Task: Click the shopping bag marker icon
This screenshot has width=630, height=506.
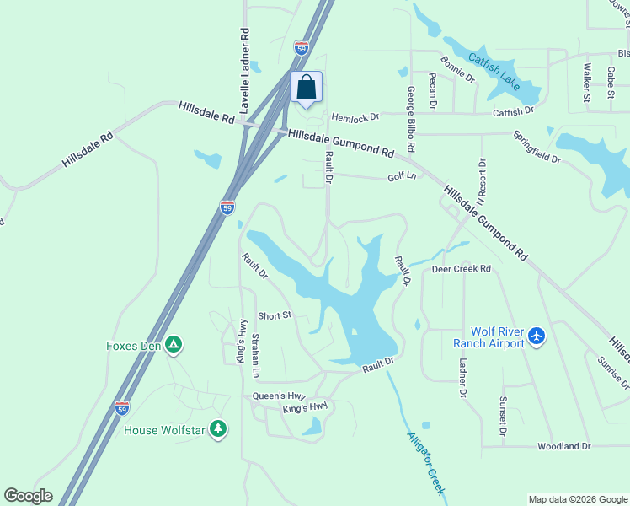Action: click(x=307, y=86)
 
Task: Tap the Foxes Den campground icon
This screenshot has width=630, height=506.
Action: click(x=173, y=344)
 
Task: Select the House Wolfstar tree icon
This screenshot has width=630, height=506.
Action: click(x=218, y=429)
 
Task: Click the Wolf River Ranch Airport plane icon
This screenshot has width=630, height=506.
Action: click(x=537, y=336)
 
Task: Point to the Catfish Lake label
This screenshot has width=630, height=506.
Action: click(x=494, y=73)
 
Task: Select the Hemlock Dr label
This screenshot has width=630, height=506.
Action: click(x=355, y=117)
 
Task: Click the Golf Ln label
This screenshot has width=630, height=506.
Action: click(x=402, y=177)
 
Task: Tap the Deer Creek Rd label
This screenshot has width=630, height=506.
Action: click(x=461, y=269)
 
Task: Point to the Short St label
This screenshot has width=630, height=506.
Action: click(x=274, y=315)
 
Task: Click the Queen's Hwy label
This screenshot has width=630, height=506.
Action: click(x=277, y=396)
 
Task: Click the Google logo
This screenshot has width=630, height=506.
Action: click(x=28, y=496)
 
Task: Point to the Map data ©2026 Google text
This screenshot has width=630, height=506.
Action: click(x=577, y=499)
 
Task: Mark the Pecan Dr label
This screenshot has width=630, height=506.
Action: click(x=432, y=90)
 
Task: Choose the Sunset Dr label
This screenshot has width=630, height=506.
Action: click(x=502, y=416)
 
